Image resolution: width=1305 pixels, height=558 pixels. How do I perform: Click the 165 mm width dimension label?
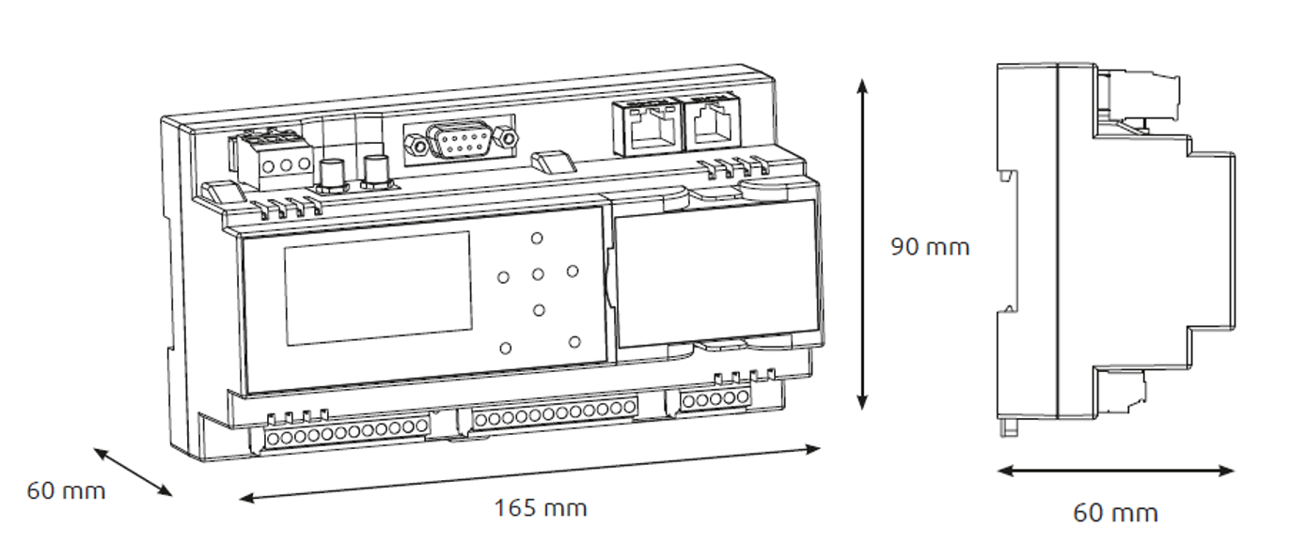point(540,508)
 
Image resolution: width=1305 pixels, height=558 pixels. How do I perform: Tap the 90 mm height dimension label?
point(930,247)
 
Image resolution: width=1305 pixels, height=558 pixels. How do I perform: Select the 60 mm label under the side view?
point(1115,513)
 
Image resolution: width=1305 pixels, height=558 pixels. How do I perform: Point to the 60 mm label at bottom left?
point(66,491)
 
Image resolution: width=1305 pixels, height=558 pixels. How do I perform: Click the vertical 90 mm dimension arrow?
point(863,244)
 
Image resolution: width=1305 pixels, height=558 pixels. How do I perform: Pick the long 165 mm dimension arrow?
point(529,473)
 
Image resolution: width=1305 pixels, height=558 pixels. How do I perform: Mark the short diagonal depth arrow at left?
point(133,472)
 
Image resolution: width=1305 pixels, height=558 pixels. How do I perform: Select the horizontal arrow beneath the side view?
point(1115,470)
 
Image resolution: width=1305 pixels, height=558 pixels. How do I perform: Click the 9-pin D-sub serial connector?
point(460,140)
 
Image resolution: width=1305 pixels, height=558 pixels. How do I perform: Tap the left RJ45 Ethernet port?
point(647,128)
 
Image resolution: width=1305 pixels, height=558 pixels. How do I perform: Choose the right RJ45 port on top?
point(713,123)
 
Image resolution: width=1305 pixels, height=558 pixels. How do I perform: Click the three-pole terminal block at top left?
point(273,159)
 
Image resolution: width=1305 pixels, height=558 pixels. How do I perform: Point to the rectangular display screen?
point(378,288)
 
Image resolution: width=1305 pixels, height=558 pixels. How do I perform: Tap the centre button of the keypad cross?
point(538,274)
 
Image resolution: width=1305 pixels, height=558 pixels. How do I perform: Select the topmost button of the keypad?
point(537,238)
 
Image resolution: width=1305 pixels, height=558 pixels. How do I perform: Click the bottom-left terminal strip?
point(347,432)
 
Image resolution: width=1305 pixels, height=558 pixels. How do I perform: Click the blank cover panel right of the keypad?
point(717,273)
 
